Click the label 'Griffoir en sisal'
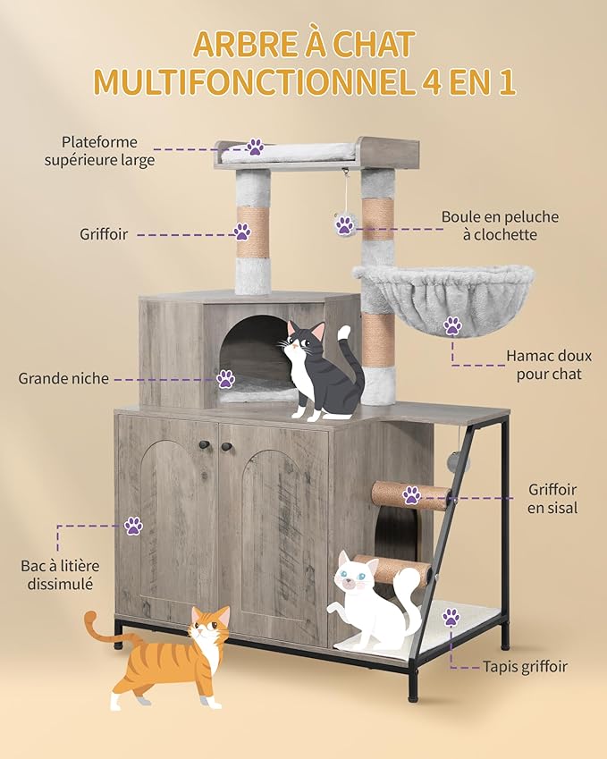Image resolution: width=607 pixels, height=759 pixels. click(552, 499)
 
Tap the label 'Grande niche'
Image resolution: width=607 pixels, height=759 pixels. click(63, 378)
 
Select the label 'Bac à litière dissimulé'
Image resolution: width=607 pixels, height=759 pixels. click(61, 575)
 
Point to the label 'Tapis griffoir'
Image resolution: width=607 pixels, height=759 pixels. click(525, 666)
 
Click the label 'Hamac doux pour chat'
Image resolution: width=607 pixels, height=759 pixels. click(548, 365)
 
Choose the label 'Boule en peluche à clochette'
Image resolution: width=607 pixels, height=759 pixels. click(500, 225)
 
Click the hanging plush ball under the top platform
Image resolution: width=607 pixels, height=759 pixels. click(344, 224)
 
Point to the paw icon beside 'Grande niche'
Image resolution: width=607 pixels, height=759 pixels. click(225, 379)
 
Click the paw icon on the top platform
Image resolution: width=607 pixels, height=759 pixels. click(256, 147)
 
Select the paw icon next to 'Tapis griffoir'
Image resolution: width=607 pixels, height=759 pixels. click(451, 617)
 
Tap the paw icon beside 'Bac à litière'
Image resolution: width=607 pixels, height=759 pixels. click(133, 526)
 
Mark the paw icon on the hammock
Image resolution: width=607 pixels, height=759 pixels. click(453, 325)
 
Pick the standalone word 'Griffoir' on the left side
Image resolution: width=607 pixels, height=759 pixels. click(103, 234)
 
